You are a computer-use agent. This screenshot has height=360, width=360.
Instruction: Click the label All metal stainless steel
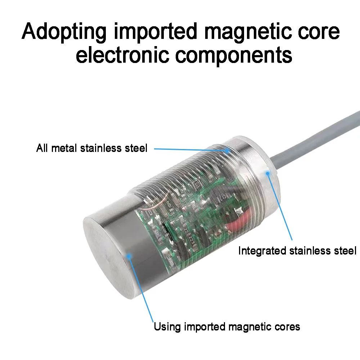pyautogui.click(x=91, y=148)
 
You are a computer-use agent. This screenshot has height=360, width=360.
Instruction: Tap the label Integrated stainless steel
pyautogui.click(x=297, y=251)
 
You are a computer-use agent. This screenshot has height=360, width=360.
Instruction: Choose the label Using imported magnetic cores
pyautogui.click(x=227, y=327)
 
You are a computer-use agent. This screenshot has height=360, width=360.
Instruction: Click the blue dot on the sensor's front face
pyautogui.click(x=129, y=256)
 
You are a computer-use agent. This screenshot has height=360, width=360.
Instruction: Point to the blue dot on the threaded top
pyautogui.click(x=227, y=150)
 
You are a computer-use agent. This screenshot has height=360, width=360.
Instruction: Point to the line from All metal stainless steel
pyautogui.click(x=190, y=150)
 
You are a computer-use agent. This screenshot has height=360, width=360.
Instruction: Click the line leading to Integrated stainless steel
pyautogui.click(x=280, y=207)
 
